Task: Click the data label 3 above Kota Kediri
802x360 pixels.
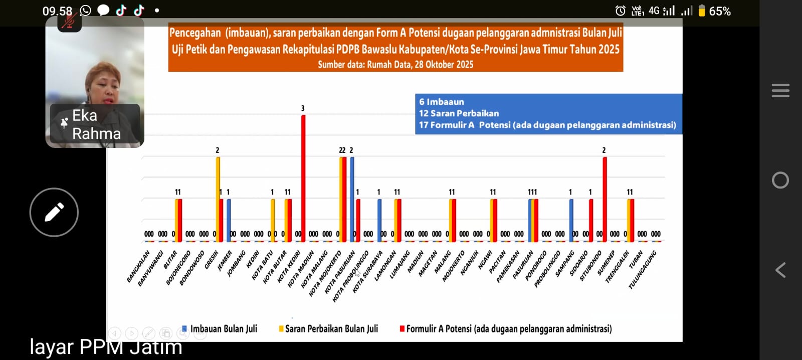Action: click(x=303, y=108)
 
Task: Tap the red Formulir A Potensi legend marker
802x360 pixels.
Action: click(x=402, y=329)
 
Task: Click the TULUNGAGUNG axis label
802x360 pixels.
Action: click(x=643, y=270)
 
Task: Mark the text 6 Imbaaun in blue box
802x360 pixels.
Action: click(x=442, y=102)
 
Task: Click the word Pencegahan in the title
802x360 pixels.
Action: click(x=195, y=33)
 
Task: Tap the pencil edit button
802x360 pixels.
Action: click(x=54, y=212)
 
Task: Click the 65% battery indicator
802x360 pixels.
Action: click(x=715, y=11)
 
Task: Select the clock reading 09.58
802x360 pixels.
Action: click(x=57, y=11)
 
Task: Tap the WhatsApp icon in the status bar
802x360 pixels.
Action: click(x=86, y=11)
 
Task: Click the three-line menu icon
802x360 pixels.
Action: click(x=780, y=91)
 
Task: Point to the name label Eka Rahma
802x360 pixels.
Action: click(x=96, y=125)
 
